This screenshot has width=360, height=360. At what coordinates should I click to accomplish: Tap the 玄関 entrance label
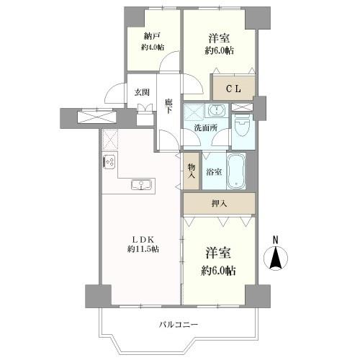tap(142, 92)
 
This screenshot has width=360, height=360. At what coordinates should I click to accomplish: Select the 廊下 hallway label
tap(168, 106)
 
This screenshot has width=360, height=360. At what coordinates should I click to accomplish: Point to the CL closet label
tap(233, 89)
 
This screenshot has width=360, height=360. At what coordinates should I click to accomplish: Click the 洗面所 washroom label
tap(206, 128)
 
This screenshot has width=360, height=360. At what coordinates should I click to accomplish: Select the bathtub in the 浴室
tap(236, 171)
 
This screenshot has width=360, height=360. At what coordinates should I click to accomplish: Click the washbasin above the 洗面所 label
tap(217, 111)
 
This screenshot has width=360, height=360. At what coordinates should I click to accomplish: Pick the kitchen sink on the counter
tap(141, 185)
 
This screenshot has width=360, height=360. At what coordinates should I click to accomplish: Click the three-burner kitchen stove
tap(109, 162)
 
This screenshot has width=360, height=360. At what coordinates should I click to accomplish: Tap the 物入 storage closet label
tap(192, 171)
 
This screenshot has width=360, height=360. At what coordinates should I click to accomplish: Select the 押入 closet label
tap(219, 204)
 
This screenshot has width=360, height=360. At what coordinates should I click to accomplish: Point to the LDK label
tap(143, 240)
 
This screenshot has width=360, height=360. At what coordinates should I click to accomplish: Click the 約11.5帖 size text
tap(143, 249)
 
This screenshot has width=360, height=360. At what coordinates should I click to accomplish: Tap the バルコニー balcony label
tap(179, 325)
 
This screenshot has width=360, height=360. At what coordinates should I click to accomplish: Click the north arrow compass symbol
tap(276, 258)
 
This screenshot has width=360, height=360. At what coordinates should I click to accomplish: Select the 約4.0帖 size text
tap(153, 48)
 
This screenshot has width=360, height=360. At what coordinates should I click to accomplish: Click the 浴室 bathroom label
tap(214, 172)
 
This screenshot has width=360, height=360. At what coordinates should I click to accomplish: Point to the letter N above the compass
tap(276, 240)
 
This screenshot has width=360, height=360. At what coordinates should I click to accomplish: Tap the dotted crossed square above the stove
tap(110, 140)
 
